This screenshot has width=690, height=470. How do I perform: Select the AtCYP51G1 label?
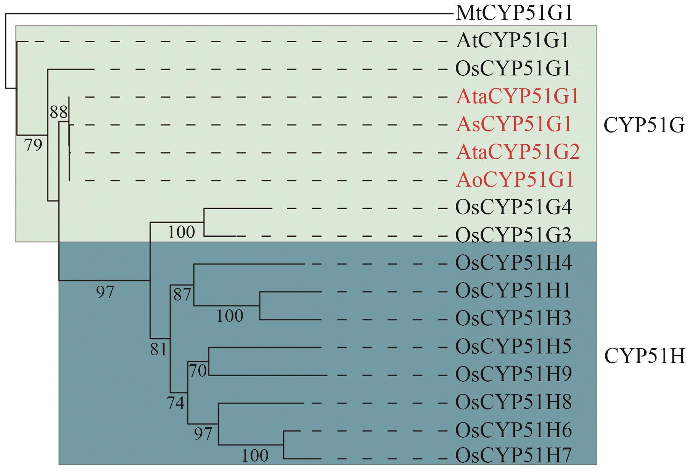pyautogui.click(x=512, y=41)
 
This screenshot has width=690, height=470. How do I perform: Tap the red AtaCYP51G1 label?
pyautogui.click(x=517, y=97)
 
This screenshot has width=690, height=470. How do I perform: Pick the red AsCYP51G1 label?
pyautogui.click(x=513, y=125)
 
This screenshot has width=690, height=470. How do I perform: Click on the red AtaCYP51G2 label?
pyautogui.click(x=517, y=152)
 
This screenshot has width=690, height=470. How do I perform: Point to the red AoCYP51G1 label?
pyautogui.click(x=514, y=180)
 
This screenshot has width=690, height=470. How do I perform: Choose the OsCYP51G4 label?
pyautogui.click(x=513, y=208)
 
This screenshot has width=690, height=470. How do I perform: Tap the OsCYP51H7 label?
pyautogui.click(x=513, y=456)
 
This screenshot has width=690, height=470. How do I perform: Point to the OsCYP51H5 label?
pyautogui.click(x=513, y=347)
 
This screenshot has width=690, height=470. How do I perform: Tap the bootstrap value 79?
pyautogui.click(x=33, y=145)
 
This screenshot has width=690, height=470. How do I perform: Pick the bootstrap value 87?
pyautogui.click(x=182, y=295)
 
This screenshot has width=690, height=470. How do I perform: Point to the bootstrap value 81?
pyautogui.click(x=159, y=349)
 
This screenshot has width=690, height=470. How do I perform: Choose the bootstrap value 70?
pyautogui.click(x=198, y=371)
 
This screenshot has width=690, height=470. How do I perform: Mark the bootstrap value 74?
pyautogui.click(x=176, y=403)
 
